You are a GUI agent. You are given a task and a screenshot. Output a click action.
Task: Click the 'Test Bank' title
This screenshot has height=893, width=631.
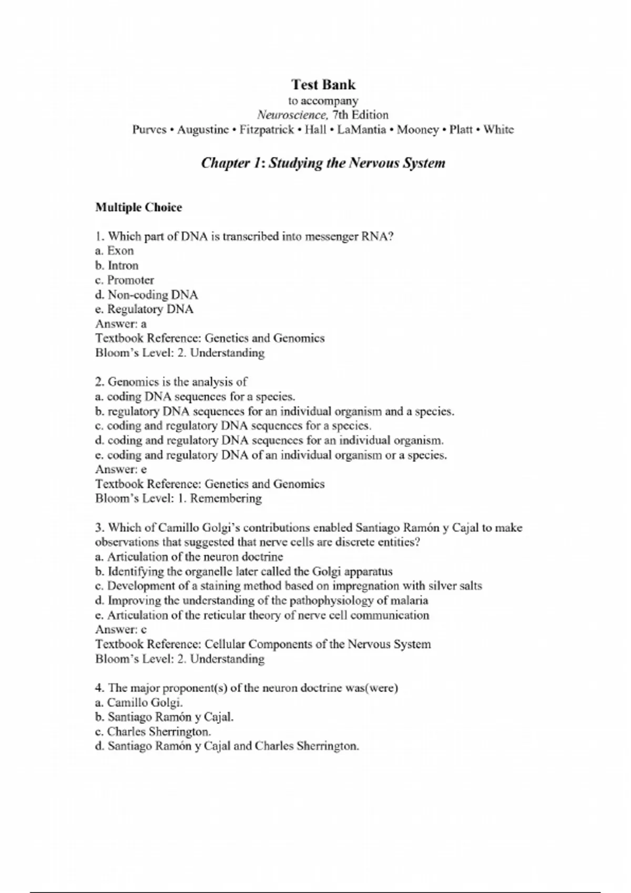tap(323, 85)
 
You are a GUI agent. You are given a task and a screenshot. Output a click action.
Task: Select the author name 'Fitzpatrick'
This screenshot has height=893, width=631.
tap(267, 130)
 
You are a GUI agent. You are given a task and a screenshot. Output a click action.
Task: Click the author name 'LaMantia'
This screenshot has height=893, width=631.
tap(361, 130)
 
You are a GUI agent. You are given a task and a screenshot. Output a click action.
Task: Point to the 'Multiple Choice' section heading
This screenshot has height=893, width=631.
tap(138, 207)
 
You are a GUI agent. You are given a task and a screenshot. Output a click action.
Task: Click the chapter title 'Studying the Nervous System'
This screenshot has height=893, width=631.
tap(357, 163)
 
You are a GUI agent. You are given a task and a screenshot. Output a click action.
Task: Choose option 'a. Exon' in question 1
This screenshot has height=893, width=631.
tap(115, 251)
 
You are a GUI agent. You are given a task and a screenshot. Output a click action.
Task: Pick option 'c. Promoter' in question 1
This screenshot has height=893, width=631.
tap(125, 280)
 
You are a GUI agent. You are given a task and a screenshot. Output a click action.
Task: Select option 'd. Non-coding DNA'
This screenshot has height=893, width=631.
tap(146, 295)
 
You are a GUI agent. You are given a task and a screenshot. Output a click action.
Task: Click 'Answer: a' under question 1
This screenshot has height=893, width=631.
tap(121, 324)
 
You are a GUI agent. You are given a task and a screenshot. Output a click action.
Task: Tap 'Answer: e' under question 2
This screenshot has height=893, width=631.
tap(121, 469)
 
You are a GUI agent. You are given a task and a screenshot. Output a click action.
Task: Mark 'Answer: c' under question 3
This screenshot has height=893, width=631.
tap(121, 629)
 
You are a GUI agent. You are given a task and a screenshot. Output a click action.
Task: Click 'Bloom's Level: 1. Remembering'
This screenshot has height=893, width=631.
tap(178, 499)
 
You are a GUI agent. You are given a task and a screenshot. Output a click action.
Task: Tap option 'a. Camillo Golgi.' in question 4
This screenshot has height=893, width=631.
tap(139, 702)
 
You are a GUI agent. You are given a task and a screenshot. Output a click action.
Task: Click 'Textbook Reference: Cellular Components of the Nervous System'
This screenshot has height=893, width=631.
tap(263, 644)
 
